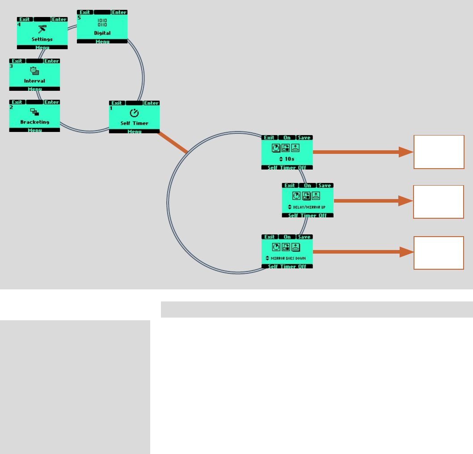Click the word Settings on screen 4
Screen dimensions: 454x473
coord(42,39)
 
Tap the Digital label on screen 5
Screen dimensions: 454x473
coord(102,33)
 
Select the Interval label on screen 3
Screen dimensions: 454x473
coord(34,81)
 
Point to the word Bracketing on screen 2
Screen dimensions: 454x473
coord(34,122)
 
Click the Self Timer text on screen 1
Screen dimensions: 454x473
coord(134,123)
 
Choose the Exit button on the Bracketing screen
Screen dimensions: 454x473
coord(17,102)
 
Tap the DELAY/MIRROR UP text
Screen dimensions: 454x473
coord(309,208)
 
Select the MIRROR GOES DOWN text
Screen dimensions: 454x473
coord(288,259)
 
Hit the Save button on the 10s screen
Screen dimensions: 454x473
coord(304,138)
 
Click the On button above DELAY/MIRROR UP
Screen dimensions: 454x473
coord(308,186)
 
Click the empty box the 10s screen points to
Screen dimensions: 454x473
coord(439,152)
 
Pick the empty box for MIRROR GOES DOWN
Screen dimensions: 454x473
coord(439,253)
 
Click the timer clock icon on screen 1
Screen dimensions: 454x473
coord(134,113)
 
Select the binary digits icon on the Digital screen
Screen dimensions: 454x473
coord(102,23)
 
